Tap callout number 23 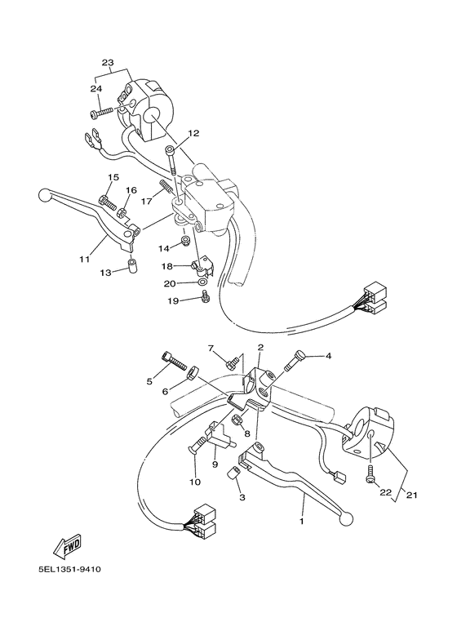tap(108, 63)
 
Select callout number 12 tap(193, 132)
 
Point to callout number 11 tap(84, 259)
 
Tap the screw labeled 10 tap(201, 445)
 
